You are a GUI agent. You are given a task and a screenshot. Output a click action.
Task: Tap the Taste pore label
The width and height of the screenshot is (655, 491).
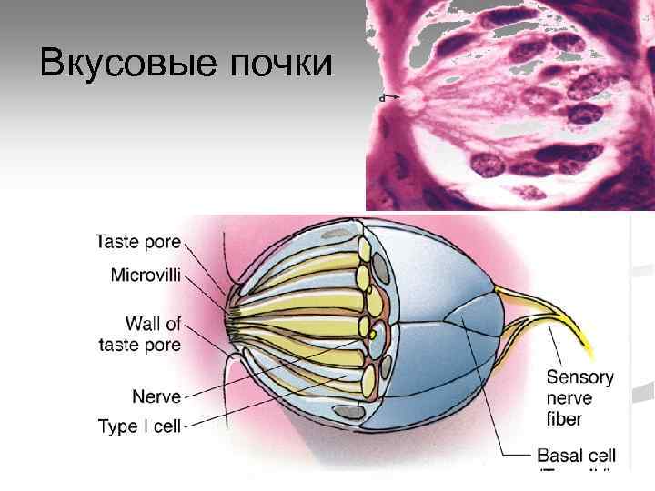tap(138, 243)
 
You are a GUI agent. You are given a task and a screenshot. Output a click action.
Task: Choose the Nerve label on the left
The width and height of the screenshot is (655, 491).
tap(156, 396)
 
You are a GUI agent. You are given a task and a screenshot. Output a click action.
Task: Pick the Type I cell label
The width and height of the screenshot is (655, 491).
tap(140, 426)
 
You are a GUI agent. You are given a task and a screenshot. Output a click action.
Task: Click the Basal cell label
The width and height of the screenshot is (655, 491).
tap(576, 456)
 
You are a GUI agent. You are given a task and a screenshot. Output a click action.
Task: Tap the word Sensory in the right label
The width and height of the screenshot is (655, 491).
tap(579, 377)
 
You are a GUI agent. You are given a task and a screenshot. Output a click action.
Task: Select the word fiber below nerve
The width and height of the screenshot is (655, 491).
tap(564, 419)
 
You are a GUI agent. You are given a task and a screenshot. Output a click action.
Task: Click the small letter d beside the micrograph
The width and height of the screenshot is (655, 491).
tap(384, 95)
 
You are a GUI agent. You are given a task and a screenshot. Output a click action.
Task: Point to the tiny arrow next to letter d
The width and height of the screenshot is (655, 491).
tap(395, 95)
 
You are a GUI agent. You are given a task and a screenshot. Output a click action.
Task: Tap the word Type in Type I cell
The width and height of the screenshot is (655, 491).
tap(116, 426)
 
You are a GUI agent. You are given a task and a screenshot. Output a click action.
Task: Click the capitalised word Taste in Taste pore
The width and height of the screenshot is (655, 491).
tap(118, 243)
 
